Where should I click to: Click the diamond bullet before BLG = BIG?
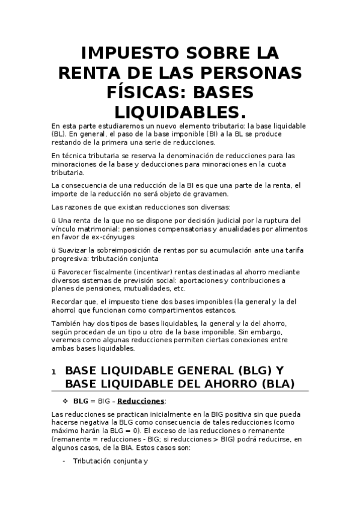coord(66,400)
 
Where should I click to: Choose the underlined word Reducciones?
coord(141,401)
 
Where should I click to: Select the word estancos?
coord(219,310)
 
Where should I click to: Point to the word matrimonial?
coord(102,229)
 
